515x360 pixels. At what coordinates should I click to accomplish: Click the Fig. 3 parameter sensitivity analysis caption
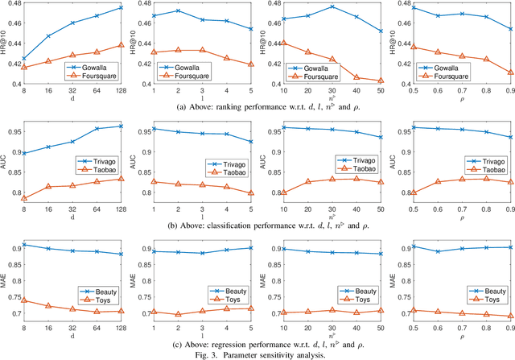point(257,354)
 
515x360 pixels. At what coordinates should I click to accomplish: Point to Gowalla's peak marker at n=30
point(332,6)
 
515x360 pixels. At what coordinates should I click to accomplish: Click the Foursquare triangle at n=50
point(381,81)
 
